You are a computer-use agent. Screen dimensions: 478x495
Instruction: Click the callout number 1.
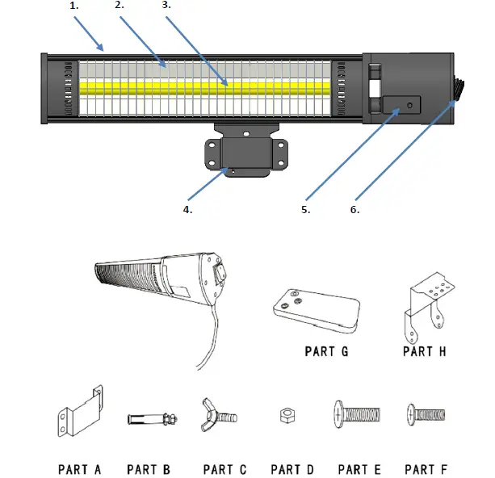(x=75, y=6)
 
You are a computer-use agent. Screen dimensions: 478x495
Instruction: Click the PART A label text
(x=79, y=469)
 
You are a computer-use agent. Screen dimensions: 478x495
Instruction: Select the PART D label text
(x=292, y=469)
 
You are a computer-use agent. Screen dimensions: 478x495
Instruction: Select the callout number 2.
(x=120, y=6)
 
